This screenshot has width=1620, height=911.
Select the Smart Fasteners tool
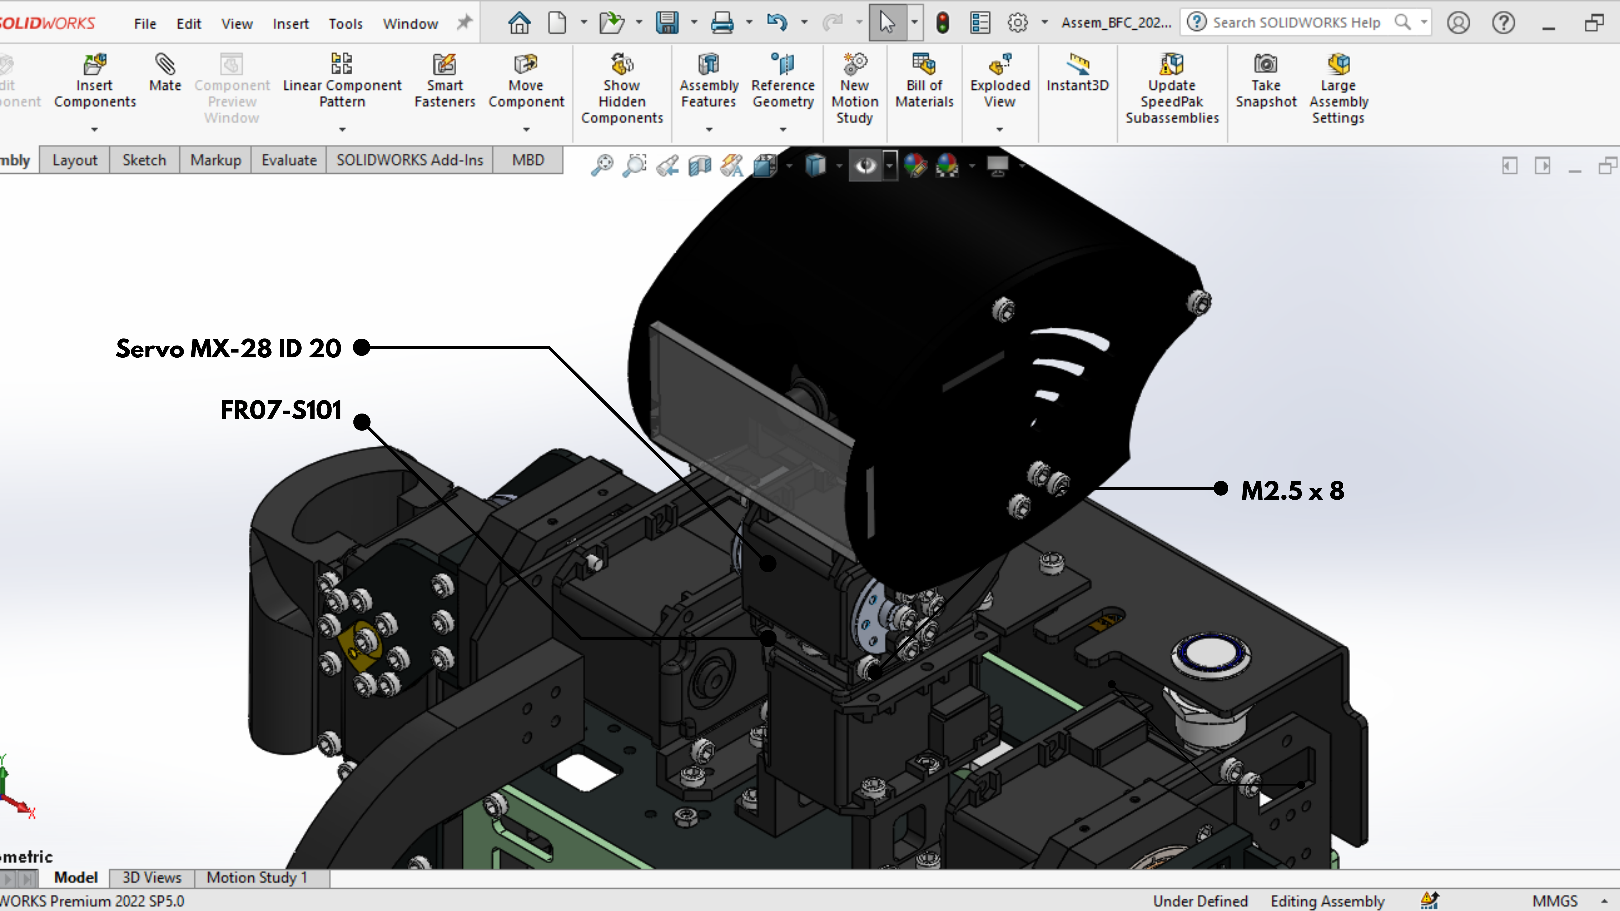[445, 80]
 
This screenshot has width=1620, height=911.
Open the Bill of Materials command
[924, 80]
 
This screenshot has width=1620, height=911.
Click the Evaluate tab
[289, 160]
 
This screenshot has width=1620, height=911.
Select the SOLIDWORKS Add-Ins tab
[409, 160]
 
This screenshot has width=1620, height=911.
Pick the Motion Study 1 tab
[256, 878]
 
